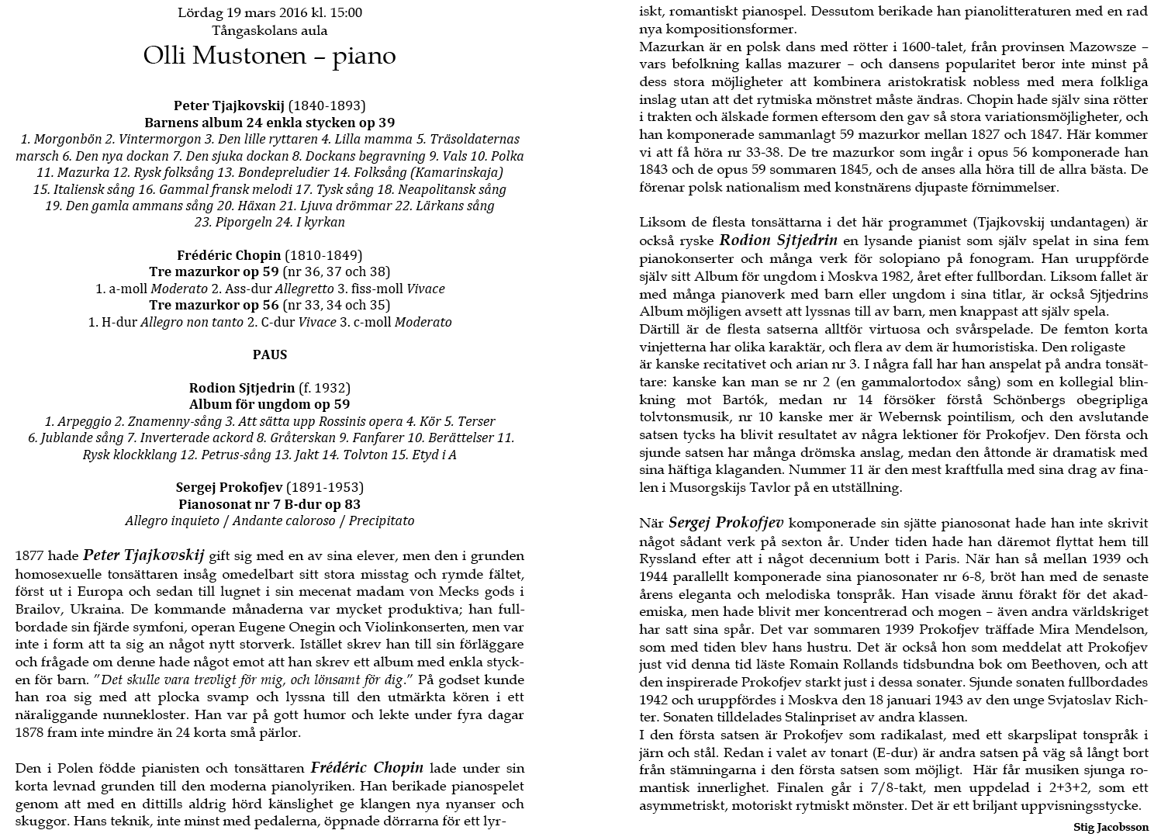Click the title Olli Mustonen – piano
pyautogui.click(x=269, y=57)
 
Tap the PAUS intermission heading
pyautogui.click(x=269, y=355)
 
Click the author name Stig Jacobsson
pyautogui.click(x=1111, y=828)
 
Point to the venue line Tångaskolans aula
pyautogui.click(x=269, y=31)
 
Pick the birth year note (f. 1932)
pyautogui.click(x=324, y=388)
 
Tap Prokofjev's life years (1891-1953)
pyautogui.click(x=324, y=487)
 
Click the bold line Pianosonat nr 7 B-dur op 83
pyautogui.click(x=269, y=504)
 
